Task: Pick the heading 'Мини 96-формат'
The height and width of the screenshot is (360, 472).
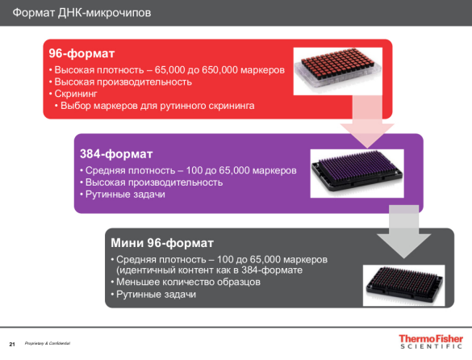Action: click(161, 243)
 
